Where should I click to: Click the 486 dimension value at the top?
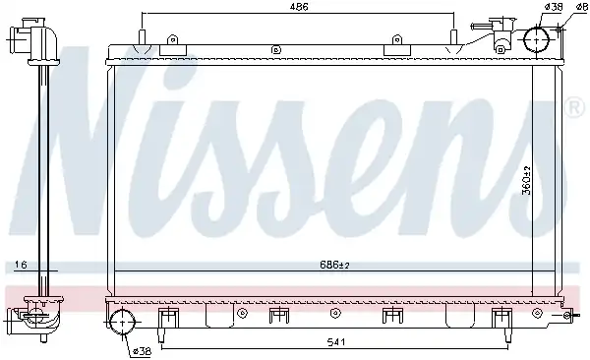pyautogui.click(x=299, y=7)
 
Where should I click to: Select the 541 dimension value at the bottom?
pyautogui.click(x=335, y=342)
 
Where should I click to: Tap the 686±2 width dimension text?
pyautogui.click(x=334, y=266)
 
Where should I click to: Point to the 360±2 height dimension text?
pyautogui.click(x=527, y=180)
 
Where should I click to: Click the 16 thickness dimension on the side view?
pyautogui.click(x=21, y=266)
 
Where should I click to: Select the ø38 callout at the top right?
pyautogui.click(x=554, y=7)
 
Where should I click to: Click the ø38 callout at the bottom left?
pyautogui.click(x=142, y=351)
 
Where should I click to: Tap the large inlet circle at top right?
pyautogui.click(x=537, y=39)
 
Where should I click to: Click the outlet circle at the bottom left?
pyautogui.click(x=122, y=321)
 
